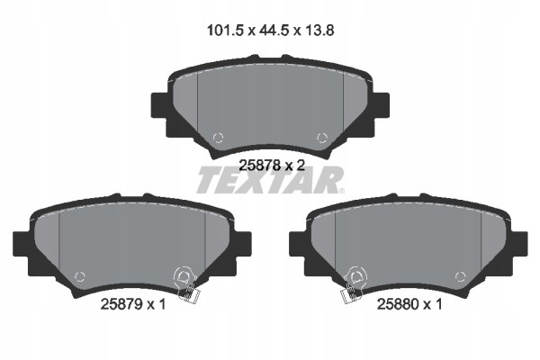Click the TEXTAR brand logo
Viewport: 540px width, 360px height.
269,180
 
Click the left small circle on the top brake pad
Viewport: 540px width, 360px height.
216,138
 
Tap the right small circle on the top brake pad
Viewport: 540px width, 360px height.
322,138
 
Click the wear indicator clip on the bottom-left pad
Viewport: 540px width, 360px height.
185,283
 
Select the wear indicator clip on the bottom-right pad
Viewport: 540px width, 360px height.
353,283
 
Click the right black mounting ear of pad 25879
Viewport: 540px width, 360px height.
242,243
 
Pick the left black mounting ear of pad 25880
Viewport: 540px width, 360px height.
296,243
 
